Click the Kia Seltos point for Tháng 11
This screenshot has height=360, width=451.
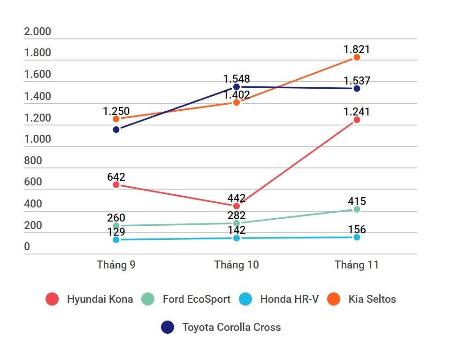pyautogui.click(x=357, y=57)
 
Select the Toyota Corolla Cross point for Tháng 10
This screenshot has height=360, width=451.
pyautogui.click(x=237, y=87)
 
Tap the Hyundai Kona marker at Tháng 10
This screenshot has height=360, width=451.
pyautogui.click(x=237, y=206)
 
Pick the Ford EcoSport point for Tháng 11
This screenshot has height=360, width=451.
pyautogui.click(x=357, y=209)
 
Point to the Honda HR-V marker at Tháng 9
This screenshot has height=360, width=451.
pyautogui.click(x=116, y=240)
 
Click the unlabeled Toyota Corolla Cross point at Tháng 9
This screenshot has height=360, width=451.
pyautogui.click(x=116, y=129)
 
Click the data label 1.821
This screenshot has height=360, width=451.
pyautogui.click(x=357, y=49)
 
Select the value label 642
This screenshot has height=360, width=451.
pyautogui.click(x=116, y=177)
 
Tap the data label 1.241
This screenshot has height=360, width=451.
pyautogui.click(x=357, y=112)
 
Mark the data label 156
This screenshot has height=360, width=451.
pyautogui.click(x=357, y=230)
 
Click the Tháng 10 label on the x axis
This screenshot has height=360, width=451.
pyautogui.click(x=237, y=265)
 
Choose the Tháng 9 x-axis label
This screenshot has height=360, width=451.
pyautogui.click(x=116, y=265)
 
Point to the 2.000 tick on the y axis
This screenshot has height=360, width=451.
pyautogui.click(x=38, y=32)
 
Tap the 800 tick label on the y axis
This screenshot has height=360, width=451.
pyautogui.click(x=33, y=161)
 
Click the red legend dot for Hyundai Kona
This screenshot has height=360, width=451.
pyautogui.click(x=52, y=299)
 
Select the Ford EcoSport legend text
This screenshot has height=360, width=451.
pyautogui.click(x=197, y=299)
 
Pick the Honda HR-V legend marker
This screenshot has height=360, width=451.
pyautogui.click(x=245, y=299)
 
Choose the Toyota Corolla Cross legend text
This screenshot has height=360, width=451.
pyautogui.click(x=231, y=327)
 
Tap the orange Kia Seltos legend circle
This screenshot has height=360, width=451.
pyautogui.click(x=334, y=299)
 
